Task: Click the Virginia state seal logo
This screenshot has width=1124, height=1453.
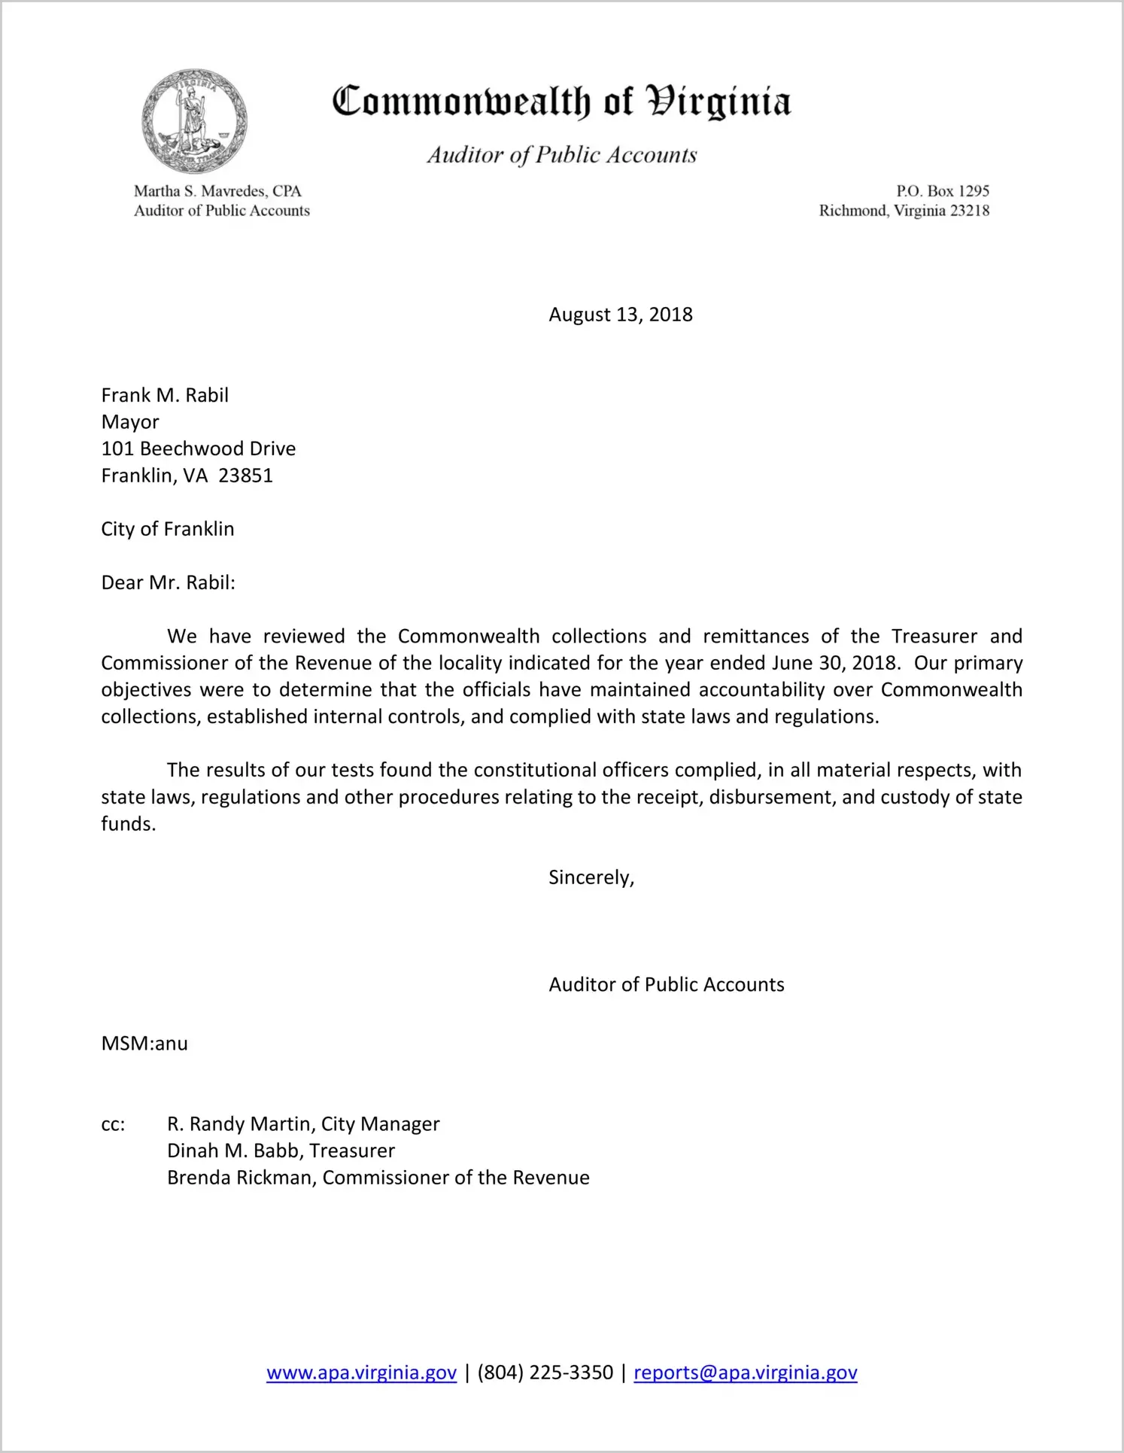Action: [194, 121]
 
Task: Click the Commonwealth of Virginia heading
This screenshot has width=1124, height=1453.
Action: [561, 102]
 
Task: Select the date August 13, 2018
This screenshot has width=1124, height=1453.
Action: [620, 315]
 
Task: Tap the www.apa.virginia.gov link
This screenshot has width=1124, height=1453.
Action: [361, 1372]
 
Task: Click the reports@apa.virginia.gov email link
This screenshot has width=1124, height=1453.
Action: [745, 1372]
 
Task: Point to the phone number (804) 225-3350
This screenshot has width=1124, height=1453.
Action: [545, 1372]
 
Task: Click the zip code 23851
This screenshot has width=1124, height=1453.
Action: [245, 476]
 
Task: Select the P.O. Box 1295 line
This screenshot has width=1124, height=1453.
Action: [942, 191]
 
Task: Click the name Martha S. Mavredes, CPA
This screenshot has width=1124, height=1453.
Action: [217, 191]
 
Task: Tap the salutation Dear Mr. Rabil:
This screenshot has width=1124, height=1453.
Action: [168, 583]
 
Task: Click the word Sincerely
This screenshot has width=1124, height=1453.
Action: [591, 877]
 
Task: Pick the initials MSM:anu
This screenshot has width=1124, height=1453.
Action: [144, 1044]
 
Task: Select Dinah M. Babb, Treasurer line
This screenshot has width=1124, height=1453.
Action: [281, 1151]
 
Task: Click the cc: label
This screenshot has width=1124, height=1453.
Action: [113, 1125]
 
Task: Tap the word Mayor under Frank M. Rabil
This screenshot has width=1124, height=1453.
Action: [130, 422]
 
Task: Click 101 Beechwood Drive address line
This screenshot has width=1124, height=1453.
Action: [199, 449]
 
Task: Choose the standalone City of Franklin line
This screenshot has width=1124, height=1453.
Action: [168, 529]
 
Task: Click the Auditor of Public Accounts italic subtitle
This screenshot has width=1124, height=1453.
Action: [561, 155]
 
